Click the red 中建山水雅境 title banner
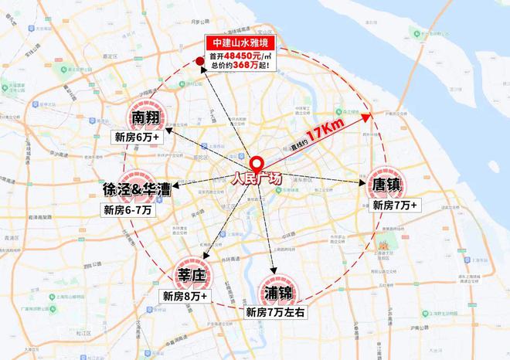(x=240, y=43)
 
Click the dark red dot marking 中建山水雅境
(x=199, y=60)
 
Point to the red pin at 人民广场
(x=257, y=164)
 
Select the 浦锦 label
(x=277, y=294)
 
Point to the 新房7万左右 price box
(x=277, y=313)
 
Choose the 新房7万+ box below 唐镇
(x=395, y=205)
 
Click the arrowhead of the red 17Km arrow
(x=369, y=116)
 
